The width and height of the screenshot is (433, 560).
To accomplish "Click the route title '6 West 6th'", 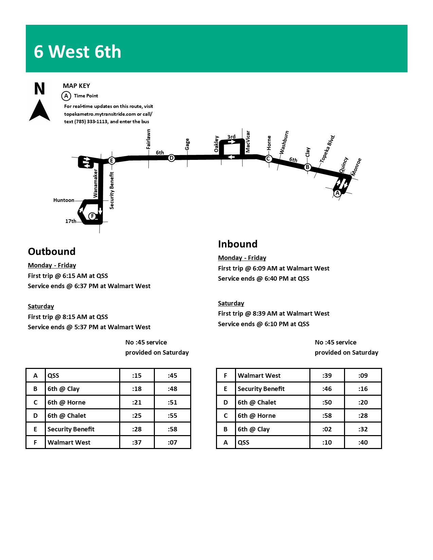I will click(77, 52).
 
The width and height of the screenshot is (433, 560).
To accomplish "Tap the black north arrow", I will click(39, 110).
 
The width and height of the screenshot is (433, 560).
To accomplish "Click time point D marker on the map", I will click(172, 158).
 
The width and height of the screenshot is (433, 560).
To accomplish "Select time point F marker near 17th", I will click(92, 216).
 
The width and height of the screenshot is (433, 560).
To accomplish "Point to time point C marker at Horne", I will click(268, 158).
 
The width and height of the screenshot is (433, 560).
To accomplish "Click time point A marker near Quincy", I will click(337, 193).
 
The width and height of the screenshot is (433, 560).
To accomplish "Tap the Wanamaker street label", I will click(95, 183).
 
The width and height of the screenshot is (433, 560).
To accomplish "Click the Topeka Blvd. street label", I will click(327, 149).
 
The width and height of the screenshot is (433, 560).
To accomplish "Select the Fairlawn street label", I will click(148, 139).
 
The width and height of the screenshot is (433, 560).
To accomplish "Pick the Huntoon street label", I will click(64, 200).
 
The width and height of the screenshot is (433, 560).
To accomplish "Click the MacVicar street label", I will click(248, 142).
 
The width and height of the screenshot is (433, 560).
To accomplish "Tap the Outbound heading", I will click(52, 251).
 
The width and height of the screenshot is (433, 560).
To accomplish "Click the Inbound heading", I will click(238, 244).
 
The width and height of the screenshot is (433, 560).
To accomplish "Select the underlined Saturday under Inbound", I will click(231, 303).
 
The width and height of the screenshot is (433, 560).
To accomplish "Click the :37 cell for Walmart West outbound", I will click(137, 442).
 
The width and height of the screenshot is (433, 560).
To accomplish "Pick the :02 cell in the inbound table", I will click(327, 429).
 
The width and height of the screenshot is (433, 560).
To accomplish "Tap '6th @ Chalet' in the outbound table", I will click(67, 415).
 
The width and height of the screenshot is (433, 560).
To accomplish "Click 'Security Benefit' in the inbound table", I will click(261, 389).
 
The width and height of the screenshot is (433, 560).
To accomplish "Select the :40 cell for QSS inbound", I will click(363, 442).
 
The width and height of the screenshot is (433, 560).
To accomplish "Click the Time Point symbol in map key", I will click(66, 96).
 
